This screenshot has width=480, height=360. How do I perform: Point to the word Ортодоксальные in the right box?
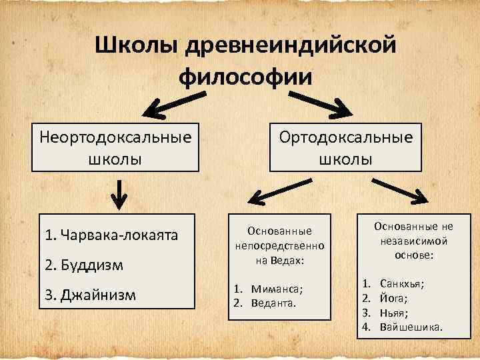[x=346, y=137]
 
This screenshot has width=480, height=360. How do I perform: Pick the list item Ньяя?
[x=394, y=313]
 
